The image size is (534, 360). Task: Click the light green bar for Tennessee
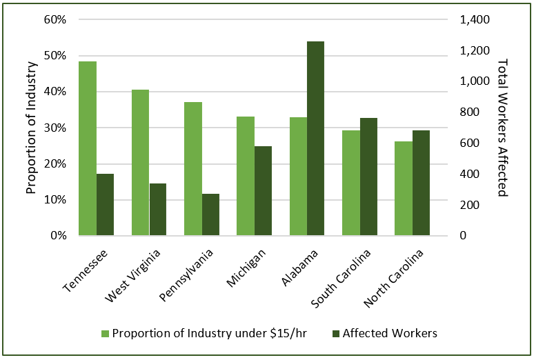(88, 148)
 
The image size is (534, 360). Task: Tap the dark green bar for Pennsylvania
(210, 214)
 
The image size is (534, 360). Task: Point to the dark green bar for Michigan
(263, 191)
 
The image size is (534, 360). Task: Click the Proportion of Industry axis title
(31, 128)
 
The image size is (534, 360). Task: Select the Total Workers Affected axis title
(502, 128)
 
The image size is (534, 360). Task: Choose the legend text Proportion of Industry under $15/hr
(210, 334)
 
